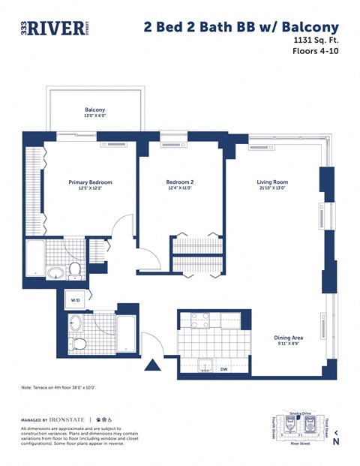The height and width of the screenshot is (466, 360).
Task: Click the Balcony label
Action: coord(95,110)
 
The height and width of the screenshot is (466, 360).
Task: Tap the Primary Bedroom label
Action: coord(90,182)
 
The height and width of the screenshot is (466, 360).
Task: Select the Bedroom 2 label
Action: coord(180,182)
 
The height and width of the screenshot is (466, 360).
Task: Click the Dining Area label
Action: coord(288,338)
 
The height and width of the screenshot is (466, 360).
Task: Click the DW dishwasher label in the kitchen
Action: coord(223,369)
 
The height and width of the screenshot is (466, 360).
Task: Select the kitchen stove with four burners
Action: coord(199,320)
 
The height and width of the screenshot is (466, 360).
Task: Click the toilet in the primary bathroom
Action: coord(75,269)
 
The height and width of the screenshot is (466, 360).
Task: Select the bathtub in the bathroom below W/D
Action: coord(126,334)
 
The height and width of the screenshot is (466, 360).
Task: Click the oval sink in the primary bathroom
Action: coord(55,273)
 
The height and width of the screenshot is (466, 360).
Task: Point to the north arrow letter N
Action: coord(336,442)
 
